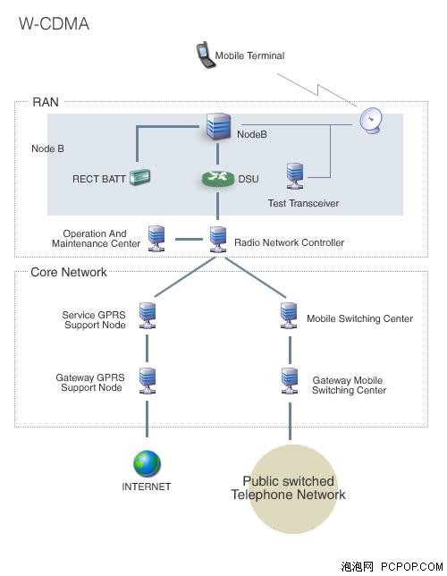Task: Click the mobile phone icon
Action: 205,55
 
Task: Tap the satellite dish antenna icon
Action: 371,121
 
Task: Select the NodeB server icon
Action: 218,126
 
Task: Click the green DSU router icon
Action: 218,179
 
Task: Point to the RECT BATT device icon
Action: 139,177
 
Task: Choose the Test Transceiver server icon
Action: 295,176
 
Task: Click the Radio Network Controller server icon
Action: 218,240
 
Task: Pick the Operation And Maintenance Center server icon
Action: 156,239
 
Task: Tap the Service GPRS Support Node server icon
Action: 148,315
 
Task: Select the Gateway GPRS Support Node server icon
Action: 148,381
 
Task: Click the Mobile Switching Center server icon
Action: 289,315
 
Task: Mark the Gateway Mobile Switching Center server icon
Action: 290,381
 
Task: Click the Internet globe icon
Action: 147,463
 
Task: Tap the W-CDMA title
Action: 54,24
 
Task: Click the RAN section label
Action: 46,102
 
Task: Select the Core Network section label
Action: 69,272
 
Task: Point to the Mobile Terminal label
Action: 249,55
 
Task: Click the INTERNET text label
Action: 147,487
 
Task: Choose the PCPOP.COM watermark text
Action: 412,567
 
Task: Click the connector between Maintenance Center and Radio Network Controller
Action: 189,240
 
